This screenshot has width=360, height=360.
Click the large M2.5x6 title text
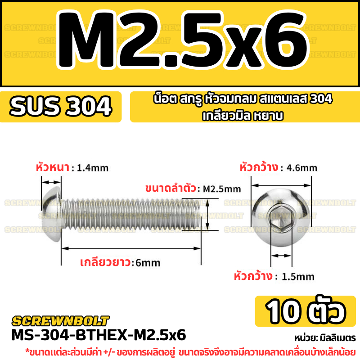pyautogui.click(x=183, y=40)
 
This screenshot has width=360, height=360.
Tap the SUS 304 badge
pyautogui.click(x=61, y=107)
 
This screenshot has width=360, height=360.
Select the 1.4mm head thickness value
pyautogui.click(x=93, y=168)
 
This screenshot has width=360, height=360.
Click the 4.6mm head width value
pyautogui.click(x=302, y=168)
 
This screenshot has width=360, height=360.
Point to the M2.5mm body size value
pyautogui.click(x=222, y=189)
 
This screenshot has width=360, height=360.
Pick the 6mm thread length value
pyautogui.click(x=148, y=263)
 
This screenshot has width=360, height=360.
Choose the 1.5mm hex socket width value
pyautogui.click(x=298, y=277)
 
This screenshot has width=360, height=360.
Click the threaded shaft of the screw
pyautogui.click(x=131, y=214)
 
